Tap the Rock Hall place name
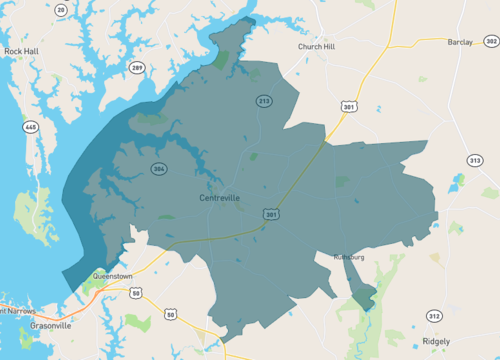click(x=21, y=50)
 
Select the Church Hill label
click(x=319, y=46)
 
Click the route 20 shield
click(x=61, y=9)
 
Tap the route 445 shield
click(x=31, y=127)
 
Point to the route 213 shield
click(x=264, y=102)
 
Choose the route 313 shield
click(x=474, y=160)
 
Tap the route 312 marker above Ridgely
click(x=433, y=316)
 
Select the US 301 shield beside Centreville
click(x=271, y=214)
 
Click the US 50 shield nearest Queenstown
click(x=135, y=293)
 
